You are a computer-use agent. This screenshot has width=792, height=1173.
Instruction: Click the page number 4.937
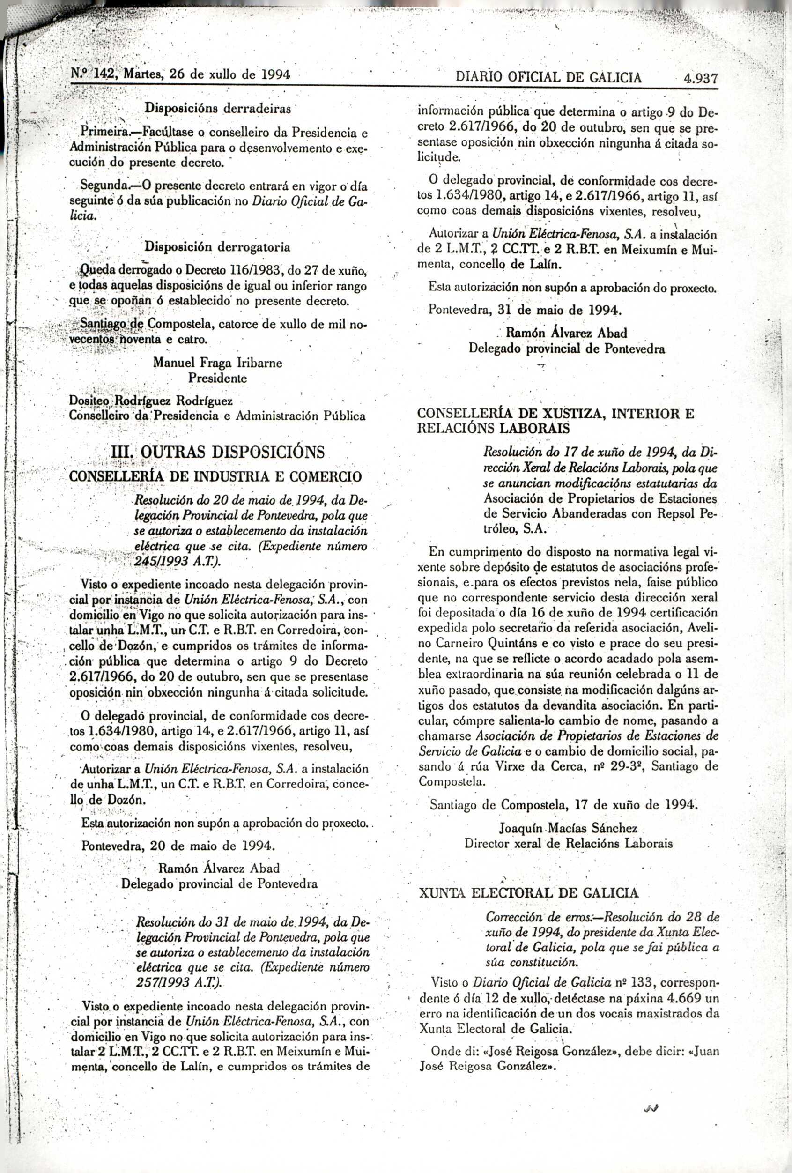point(701,78)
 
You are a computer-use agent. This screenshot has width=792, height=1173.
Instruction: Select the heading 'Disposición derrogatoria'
point(218,247)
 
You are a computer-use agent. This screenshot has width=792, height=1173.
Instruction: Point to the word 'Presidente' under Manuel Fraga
point(218,378)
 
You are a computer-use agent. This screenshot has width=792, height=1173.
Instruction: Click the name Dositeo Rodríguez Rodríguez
point(151,401)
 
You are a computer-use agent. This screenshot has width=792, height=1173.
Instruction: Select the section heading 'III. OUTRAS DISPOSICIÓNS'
point(218,451)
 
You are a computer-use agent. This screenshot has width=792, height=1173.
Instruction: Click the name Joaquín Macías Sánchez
point(569,828)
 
